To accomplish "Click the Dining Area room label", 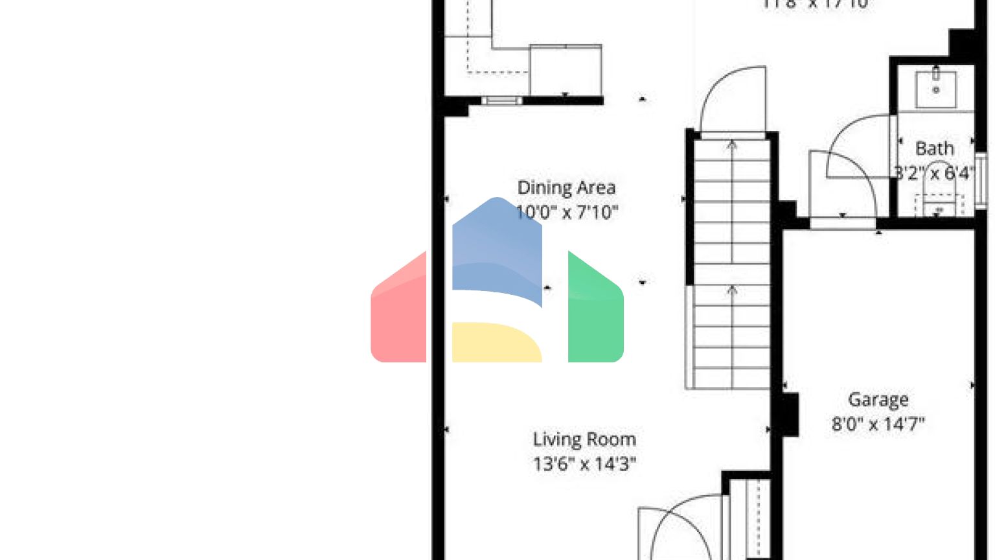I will [566, 188].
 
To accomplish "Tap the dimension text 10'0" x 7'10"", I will [566, 212].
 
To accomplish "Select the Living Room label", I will [584, 439].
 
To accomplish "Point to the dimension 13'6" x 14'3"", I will [584, 464].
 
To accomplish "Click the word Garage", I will [878, 400].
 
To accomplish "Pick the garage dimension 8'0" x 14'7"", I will [878, 425].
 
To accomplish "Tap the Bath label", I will [934, 148].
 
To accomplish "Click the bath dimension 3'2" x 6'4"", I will [934, 173].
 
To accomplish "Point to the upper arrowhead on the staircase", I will [732, 145].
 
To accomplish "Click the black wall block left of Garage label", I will [790, 414].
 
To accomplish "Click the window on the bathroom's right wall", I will [981, 180].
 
